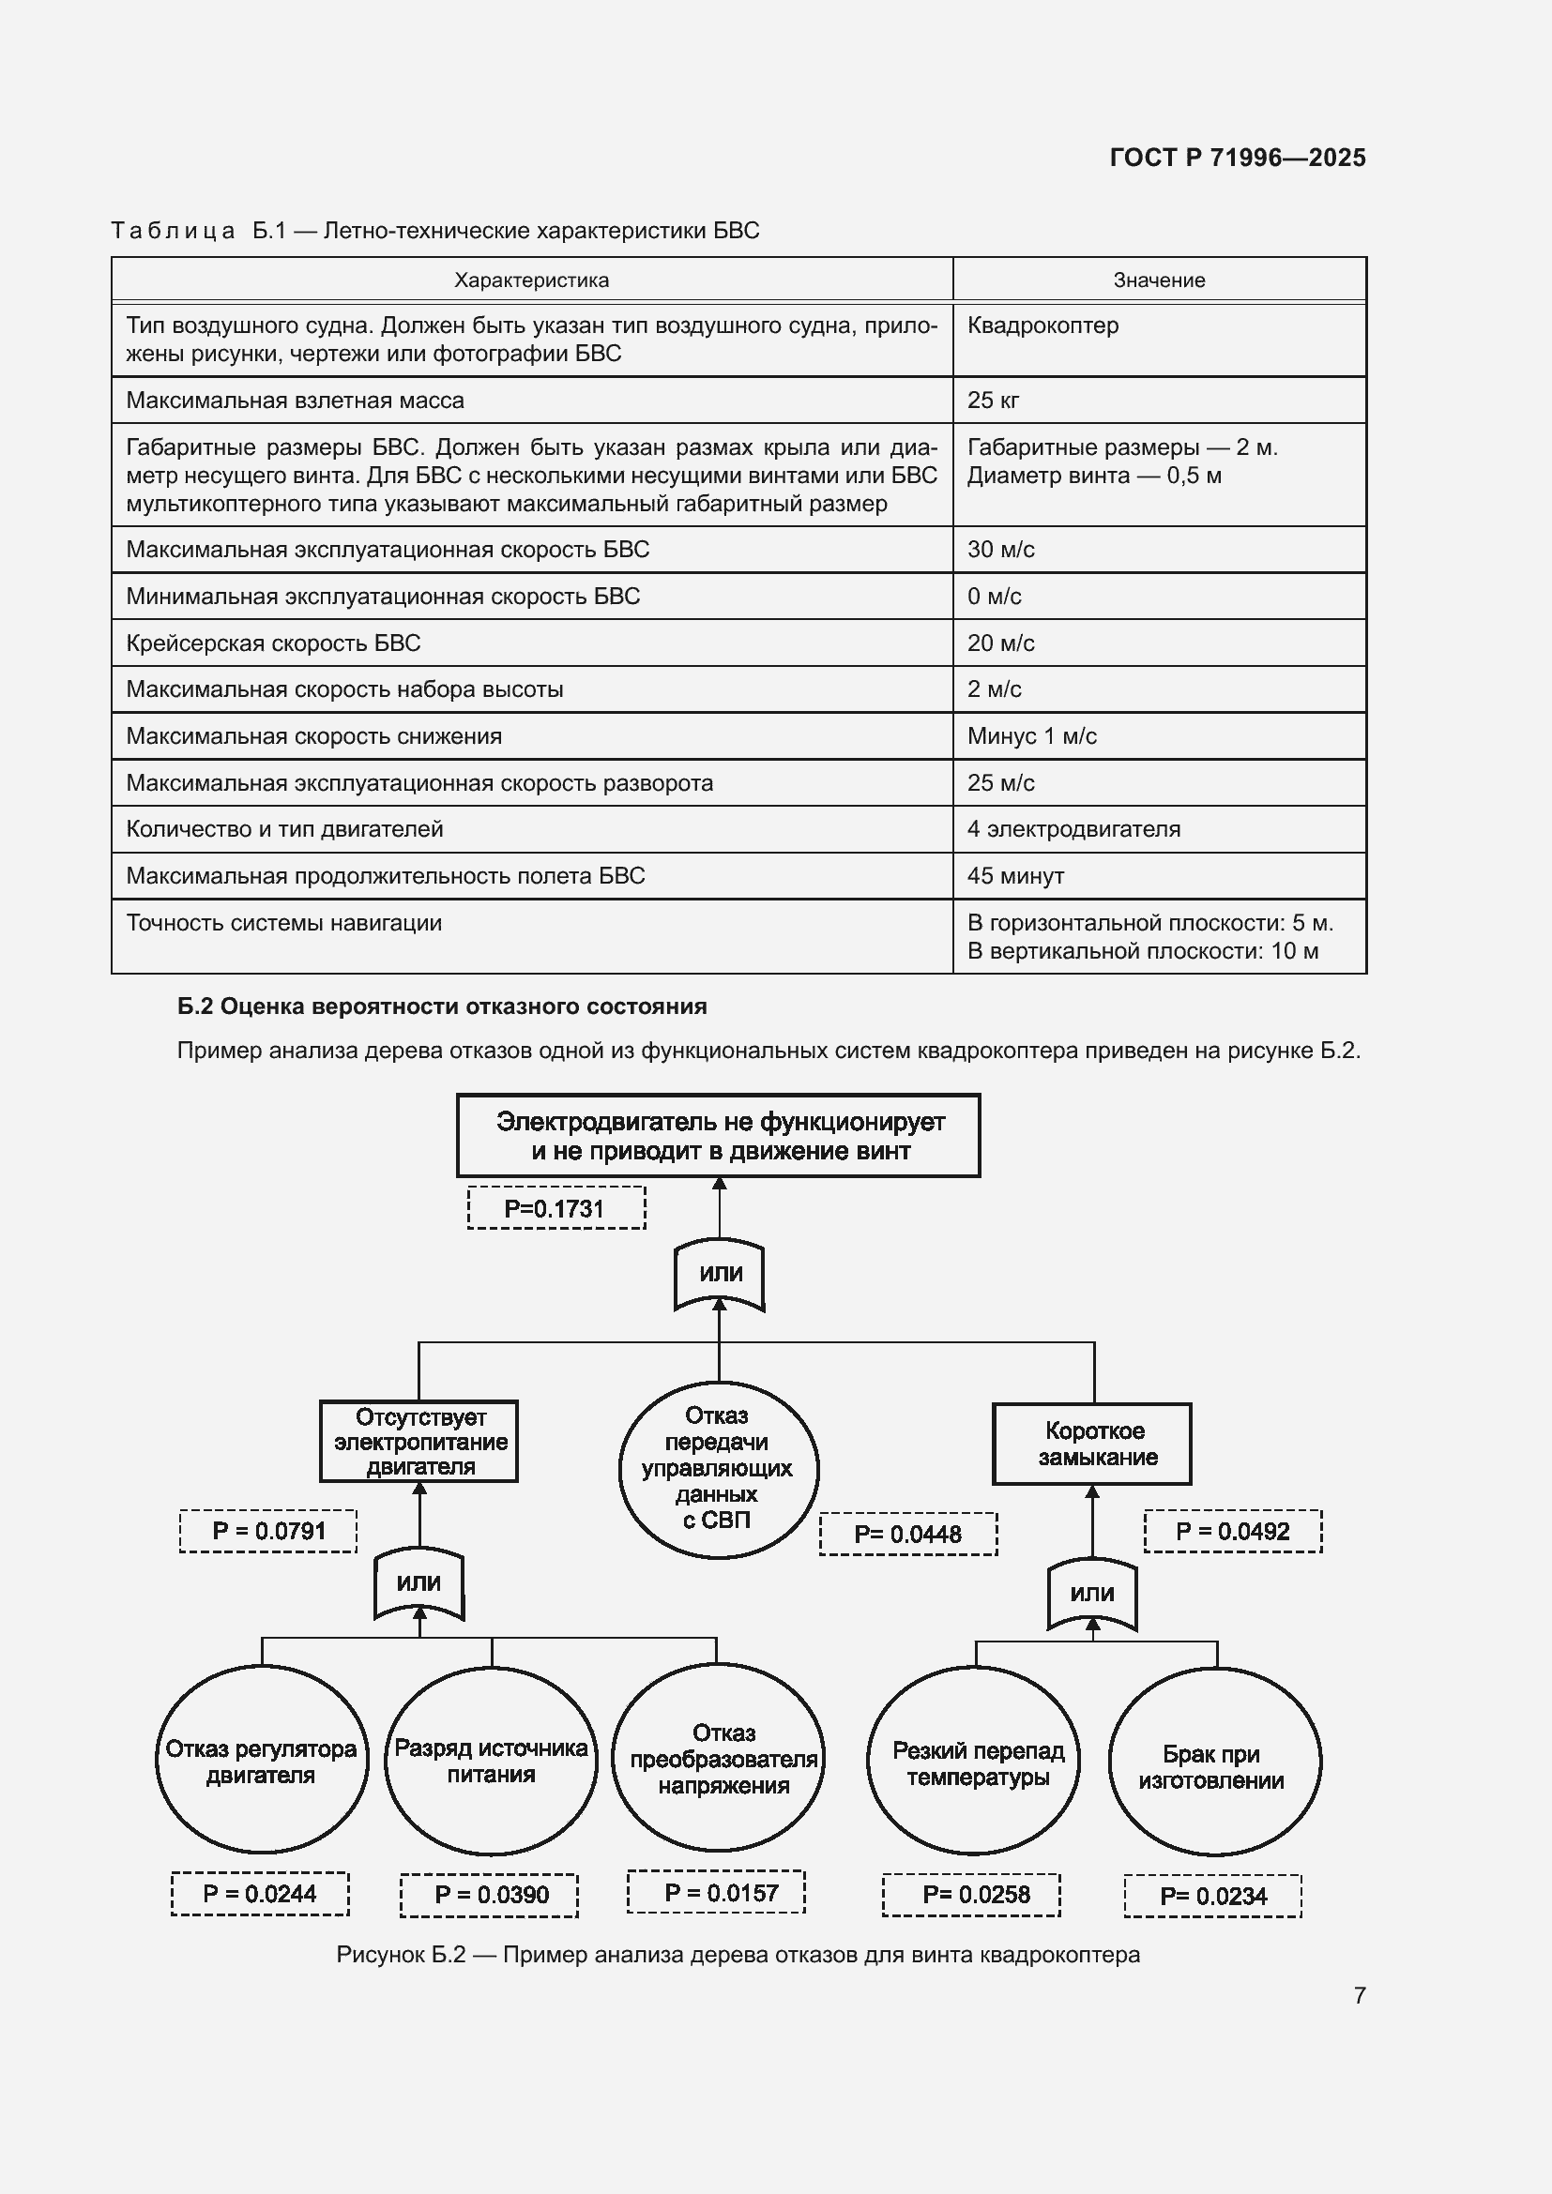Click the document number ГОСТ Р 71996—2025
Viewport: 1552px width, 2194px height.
[x=1237, y=158]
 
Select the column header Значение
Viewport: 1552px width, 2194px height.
[x=1158, y=280]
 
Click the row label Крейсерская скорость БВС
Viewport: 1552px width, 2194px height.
[x=273, y=643]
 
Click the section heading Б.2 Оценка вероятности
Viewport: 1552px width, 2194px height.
[x=442, y=1006]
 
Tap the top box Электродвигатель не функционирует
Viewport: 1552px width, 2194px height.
[x=719, y=1135]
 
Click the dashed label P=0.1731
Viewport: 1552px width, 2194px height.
[x=555, y=1208]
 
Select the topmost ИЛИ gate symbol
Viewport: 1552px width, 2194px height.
[x=720, y=1274]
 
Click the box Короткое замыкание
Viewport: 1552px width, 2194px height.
[x=1092, y=1444]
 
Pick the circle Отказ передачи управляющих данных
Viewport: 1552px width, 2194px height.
[x=718, y=1469]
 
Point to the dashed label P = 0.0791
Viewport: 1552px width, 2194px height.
[x=268, y=1531]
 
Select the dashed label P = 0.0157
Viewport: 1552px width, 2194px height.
[x=717, y=1892]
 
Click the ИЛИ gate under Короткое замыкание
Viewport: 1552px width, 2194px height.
[x=1092, y=1593]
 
